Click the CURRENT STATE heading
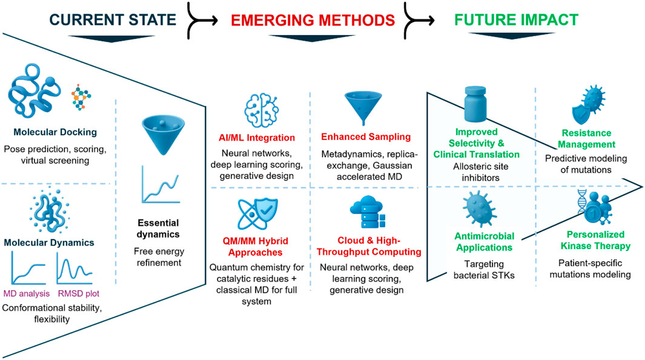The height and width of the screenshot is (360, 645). pos(113,20)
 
